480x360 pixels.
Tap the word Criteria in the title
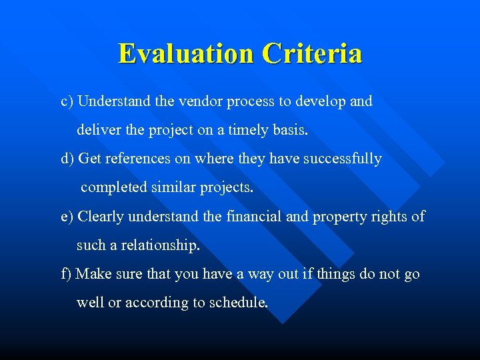point(312,53)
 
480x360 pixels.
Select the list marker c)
point(67,102)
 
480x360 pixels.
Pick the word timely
point(249,131)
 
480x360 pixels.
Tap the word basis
point(291,131)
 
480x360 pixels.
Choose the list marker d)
point(67,159)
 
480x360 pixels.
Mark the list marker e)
point(67,217)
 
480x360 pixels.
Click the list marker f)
point(67,274)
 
